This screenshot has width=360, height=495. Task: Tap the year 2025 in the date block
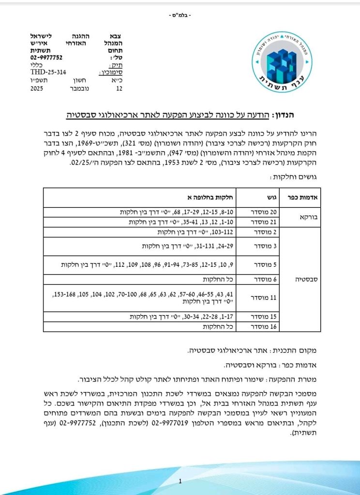coord(37,89)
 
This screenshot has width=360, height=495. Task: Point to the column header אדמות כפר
coord(303,197)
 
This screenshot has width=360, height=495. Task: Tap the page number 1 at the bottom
coord(180,481)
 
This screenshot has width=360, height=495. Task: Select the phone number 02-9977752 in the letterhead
coord(46,57)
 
